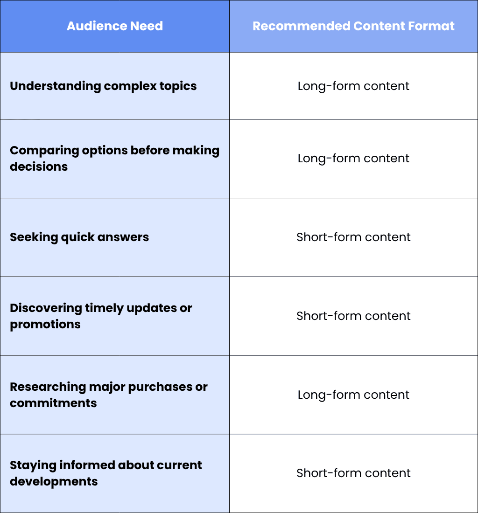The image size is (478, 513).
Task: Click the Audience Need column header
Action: (114, 26)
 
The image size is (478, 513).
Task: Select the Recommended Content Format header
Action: (353, 26)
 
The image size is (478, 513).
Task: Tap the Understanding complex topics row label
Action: (103, 86)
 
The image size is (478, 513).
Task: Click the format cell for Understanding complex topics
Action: (353, 86)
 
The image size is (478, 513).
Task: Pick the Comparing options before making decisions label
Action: (114, 159)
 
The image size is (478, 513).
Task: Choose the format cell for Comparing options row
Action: (353, 159)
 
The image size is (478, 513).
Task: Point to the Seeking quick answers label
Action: (79, 237)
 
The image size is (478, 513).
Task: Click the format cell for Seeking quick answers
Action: (353, 237)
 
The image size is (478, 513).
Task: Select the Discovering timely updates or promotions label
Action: (101, 316)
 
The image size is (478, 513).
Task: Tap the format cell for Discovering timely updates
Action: (353, 316)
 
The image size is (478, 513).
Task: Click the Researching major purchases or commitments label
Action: (109, 395)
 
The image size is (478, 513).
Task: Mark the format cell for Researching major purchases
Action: (353, 395)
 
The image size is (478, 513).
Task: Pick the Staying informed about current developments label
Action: (106, 473)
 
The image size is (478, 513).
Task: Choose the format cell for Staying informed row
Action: (353, 473)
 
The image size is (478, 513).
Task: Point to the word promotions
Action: (45, 324)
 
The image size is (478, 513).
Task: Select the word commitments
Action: (53, 403)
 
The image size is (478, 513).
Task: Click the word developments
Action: (54, 482)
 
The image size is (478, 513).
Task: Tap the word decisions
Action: (39, 166)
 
